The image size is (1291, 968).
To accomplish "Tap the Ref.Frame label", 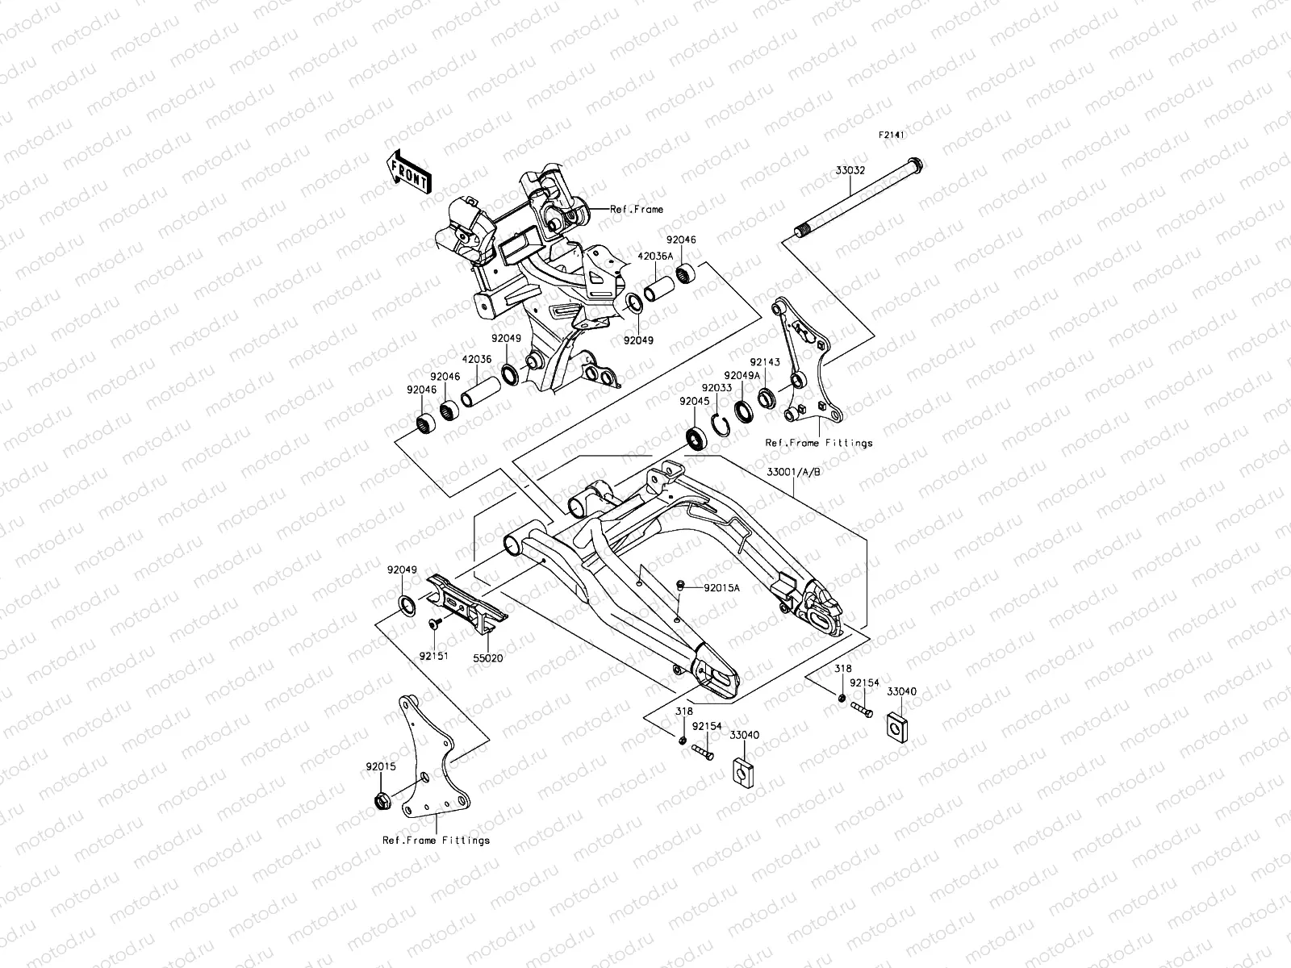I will (637, 210).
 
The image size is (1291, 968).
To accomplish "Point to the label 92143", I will (764, 362).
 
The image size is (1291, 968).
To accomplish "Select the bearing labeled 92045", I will (696, 438).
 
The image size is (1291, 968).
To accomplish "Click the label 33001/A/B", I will (795, 472).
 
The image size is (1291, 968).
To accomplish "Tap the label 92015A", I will (721, 588).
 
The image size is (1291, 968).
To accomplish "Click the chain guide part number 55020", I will (487, 658).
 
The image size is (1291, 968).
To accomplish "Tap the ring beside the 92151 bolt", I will (407, 605).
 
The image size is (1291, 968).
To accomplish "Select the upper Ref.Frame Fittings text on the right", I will (819, 443).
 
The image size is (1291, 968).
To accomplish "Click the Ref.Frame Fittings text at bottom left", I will (436, 841).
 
